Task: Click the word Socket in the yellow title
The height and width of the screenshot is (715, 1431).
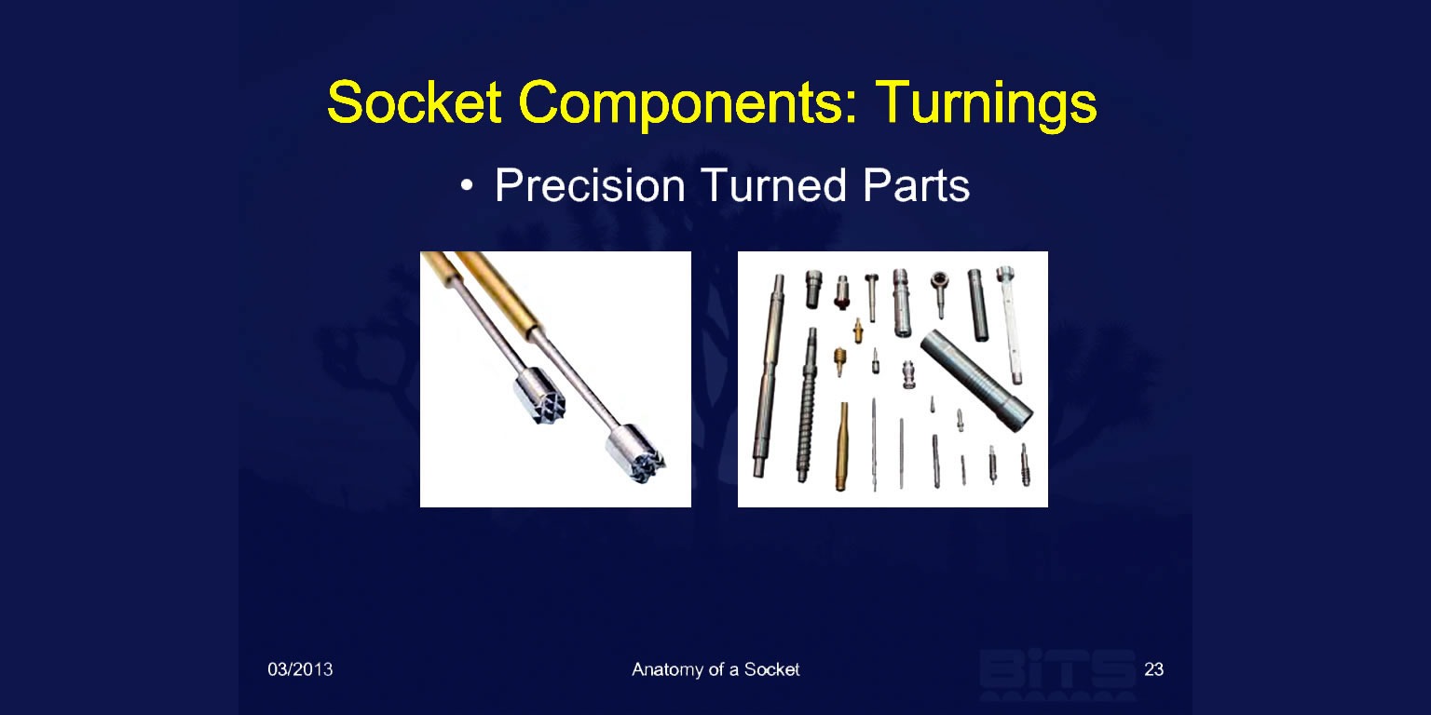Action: point(414,102)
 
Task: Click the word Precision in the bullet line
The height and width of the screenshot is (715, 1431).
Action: point(591,186)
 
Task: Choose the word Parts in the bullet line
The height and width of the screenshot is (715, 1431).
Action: point(916,186)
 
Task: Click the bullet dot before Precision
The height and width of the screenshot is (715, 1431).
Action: point(468,186)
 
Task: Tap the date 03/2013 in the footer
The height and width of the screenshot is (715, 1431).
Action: point(300,669)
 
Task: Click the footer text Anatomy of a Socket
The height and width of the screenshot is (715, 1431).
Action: point(715,669)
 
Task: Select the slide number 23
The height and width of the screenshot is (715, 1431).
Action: point(1153,669)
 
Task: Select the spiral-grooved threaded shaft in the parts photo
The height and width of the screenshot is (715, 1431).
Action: point(807,405)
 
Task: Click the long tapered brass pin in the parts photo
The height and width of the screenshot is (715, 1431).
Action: point(842,446)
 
